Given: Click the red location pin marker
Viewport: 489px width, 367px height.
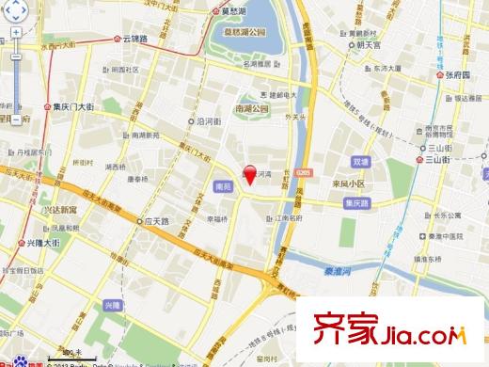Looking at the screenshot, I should (x=250, y=173).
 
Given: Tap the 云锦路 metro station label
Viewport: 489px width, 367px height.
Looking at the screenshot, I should (x=135, y=40).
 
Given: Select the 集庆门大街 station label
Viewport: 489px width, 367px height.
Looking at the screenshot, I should (x=72, y=108).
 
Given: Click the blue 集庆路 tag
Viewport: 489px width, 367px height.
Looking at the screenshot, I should (x=356, y=201).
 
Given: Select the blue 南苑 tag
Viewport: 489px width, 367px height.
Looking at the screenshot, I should (x=223, y=186).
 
